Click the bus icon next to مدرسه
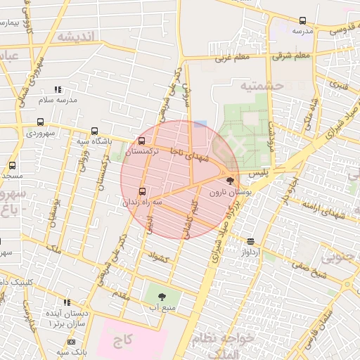[302, 20]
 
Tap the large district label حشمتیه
[261, 86]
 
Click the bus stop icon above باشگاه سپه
[95, 131]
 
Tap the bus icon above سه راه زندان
[143, 191]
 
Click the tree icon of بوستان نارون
[230, 181]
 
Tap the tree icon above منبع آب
[162, 297]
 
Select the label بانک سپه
[71, 351]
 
